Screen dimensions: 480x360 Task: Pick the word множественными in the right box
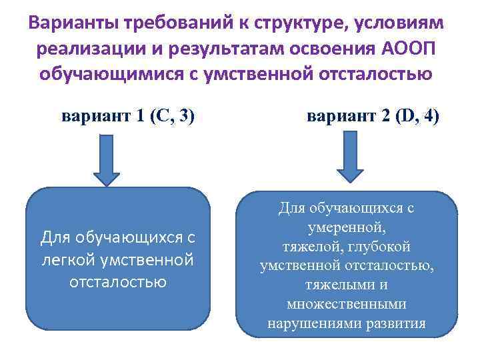(346, 305)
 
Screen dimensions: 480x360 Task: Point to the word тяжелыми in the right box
(319, 285)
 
